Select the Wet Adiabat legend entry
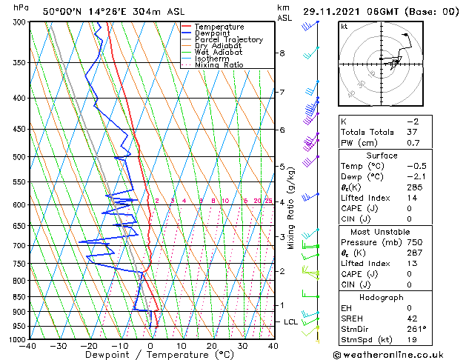click(220, 53)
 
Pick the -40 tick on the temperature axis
click(29, 346)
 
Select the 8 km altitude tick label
click(282, 53)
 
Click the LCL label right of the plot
click(290, 322)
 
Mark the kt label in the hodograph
click(344, 27)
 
